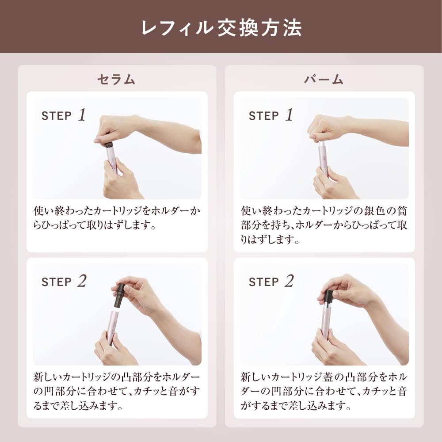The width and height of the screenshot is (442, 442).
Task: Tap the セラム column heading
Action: (116, 80)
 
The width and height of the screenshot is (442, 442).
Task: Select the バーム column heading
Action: (324, 80)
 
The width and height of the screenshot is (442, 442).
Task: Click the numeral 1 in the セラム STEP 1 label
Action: (82, 115)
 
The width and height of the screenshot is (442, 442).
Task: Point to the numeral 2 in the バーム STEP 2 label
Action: (289, 281)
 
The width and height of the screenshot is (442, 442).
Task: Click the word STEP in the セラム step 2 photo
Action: (57, 282)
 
